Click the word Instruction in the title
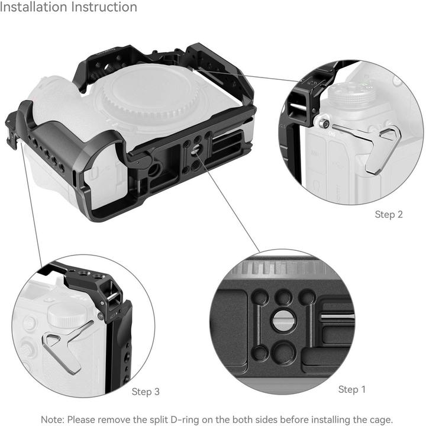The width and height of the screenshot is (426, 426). (x=104, y=8)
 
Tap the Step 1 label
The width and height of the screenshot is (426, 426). (x=351, y=389)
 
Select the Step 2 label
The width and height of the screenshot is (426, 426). (x=389, y=214)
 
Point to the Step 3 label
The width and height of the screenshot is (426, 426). (x=146, y=392)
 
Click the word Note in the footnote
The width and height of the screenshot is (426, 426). (x=53, y=419)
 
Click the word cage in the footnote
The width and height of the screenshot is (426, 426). (x=379, y=419)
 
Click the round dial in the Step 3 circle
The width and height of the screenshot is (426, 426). (x=64, y=314)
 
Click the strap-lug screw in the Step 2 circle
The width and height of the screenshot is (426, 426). (x=323, y=123)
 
